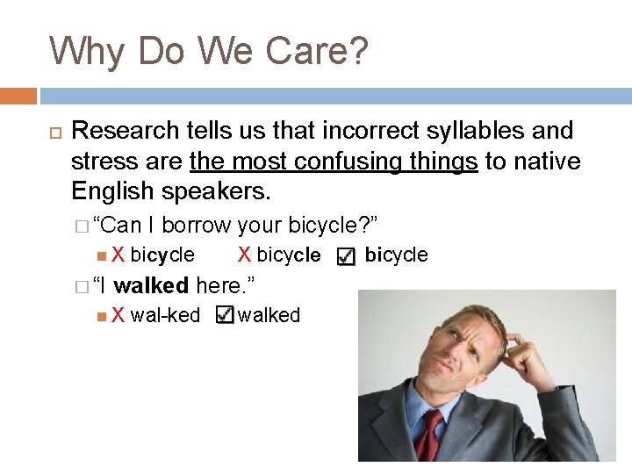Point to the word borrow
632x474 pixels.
[x=197, y=225]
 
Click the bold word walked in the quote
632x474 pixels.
[x=151, y=285]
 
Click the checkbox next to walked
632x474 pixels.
[x=225, y=314]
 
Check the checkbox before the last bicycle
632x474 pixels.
[x=346, y=255]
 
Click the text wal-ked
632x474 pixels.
[x=165, y=315]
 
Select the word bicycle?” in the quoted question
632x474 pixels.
[x=339, y=225]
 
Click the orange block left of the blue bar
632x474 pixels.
[x=18, y=96]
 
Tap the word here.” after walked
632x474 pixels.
[x=226, y=285]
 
